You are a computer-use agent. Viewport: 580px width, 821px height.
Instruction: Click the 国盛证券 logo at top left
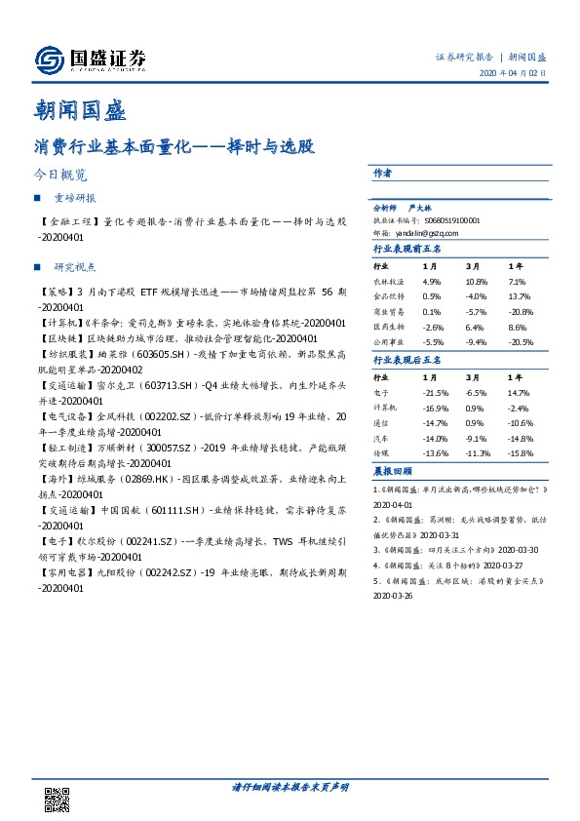[91, 60]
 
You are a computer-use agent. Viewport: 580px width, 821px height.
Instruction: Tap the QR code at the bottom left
[57, 797]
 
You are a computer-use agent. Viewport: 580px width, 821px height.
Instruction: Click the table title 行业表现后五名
[407, 360]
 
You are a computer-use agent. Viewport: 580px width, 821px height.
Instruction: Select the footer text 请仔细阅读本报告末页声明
[290, 786]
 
